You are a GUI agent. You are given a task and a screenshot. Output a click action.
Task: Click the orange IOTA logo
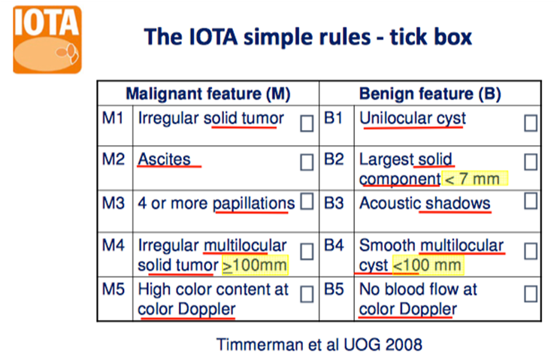[x=47, y=39]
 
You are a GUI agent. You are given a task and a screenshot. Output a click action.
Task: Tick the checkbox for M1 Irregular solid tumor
[x=307, y=123]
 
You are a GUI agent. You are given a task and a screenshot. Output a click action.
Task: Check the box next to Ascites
[x=307, y=162]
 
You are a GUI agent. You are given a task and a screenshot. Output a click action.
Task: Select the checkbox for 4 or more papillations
[x=307, y=201]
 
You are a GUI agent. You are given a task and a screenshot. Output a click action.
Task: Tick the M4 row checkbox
[x=307, y=251]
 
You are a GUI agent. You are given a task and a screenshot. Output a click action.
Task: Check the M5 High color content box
[x=307, y=295]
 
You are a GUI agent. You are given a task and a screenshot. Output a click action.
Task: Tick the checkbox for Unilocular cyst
[x=531, y=123]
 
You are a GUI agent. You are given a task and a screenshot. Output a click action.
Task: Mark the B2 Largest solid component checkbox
[x=531, y=162]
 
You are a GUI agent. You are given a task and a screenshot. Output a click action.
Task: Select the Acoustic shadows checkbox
[x=531, y=201]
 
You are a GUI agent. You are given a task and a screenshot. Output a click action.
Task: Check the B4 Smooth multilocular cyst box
[x=531, y=251]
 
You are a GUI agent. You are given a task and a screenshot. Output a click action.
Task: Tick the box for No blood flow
[x=531, y=294]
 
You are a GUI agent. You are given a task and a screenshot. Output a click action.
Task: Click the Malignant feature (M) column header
[x=208, y=94]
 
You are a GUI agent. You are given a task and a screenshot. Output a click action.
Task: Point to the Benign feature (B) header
[x=430, y=94]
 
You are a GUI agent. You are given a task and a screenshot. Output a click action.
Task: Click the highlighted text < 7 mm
[x=474, y=178]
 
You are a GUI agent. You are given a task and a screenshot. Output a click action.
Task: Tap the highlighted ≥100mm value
[x=255, y=265]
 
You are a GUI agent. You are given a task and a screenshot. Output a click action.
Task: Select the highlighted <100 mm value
[x=428, y=265]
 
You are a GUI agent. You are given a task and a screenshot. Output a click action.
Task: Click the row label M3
[x=113, y=204]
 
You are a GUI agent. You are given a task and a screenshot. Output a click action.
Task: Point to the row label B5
[x=334, y=289]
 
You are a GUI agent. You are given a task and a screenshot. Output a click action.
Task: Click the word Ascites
[x=164, y=159]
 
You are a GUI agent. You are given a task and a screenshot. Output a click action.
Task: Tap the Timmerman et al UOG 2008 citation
[x=319, y=344]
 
